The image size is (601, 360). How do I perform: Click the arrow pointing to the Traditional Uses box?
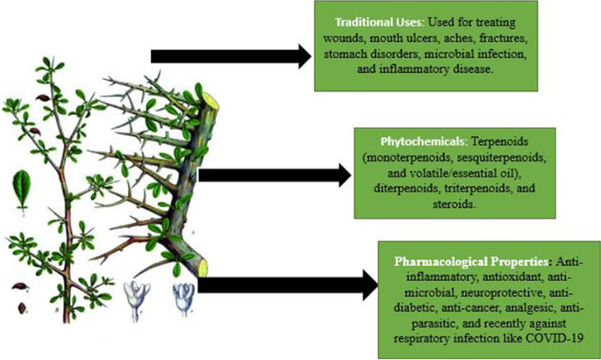(233, 56)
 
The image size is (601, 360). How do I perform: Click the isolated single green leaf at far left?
(20, 187)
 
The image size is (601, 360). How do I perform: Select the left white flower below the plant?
(135, 296)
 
